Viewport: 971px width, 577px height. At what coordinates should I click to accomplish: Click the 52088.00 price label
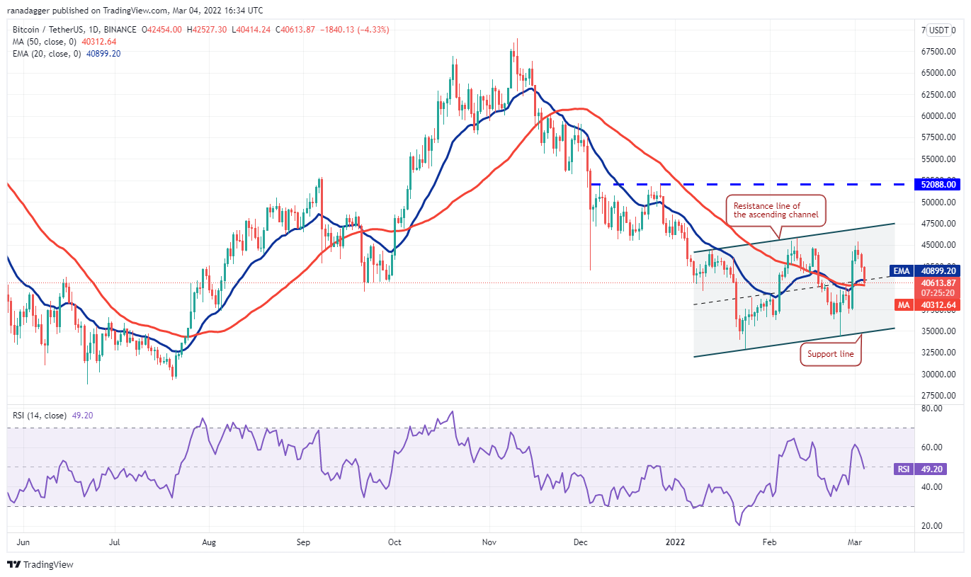939,184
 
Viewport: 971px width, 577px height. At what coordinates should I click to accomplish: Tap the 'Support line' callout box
831,354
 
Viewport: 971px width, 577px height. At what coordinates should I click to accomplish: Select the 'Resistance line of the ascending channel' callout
776,210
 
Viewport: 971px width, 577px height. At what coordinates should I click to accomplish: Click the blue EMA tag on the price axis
901,270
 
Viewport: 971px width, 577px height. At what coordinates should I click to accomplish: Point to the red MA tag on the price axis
902,305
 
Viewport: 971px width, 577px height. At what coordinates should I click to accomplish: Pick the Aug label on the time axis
208,543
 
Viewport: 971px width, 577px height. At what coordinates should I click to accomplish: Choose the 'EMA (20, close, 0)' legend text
47,53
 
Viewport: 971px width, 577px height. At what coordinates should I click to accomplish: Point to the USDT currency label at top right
939,30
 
